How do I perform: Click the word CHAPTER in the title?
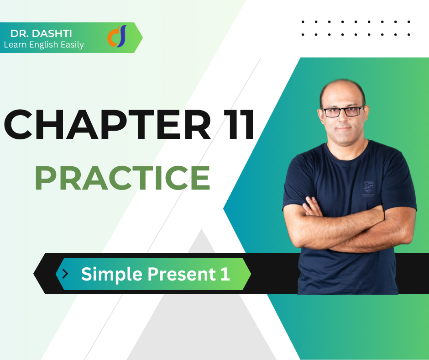pos(107,124)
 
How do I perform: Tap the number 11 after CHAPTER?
pos(239,124)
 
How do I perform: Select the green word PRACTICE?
pos(123,178)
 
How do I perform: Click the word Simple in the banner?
pos(112,275)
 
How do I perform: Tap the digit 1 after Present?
pos(225,274)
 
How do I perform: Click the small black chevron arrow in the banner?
pos(65,274)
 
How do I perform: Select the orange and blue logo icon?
pos(117,36)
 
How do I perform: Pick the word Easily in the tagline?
pos(72,45)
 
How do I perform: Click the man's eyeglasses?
pos(343,111)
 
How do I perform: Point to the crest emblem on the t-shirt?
pos(368,188)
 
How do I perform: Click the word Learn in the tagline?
pos(16,45)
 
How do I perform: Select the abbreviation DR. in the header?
pos(20,34)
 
